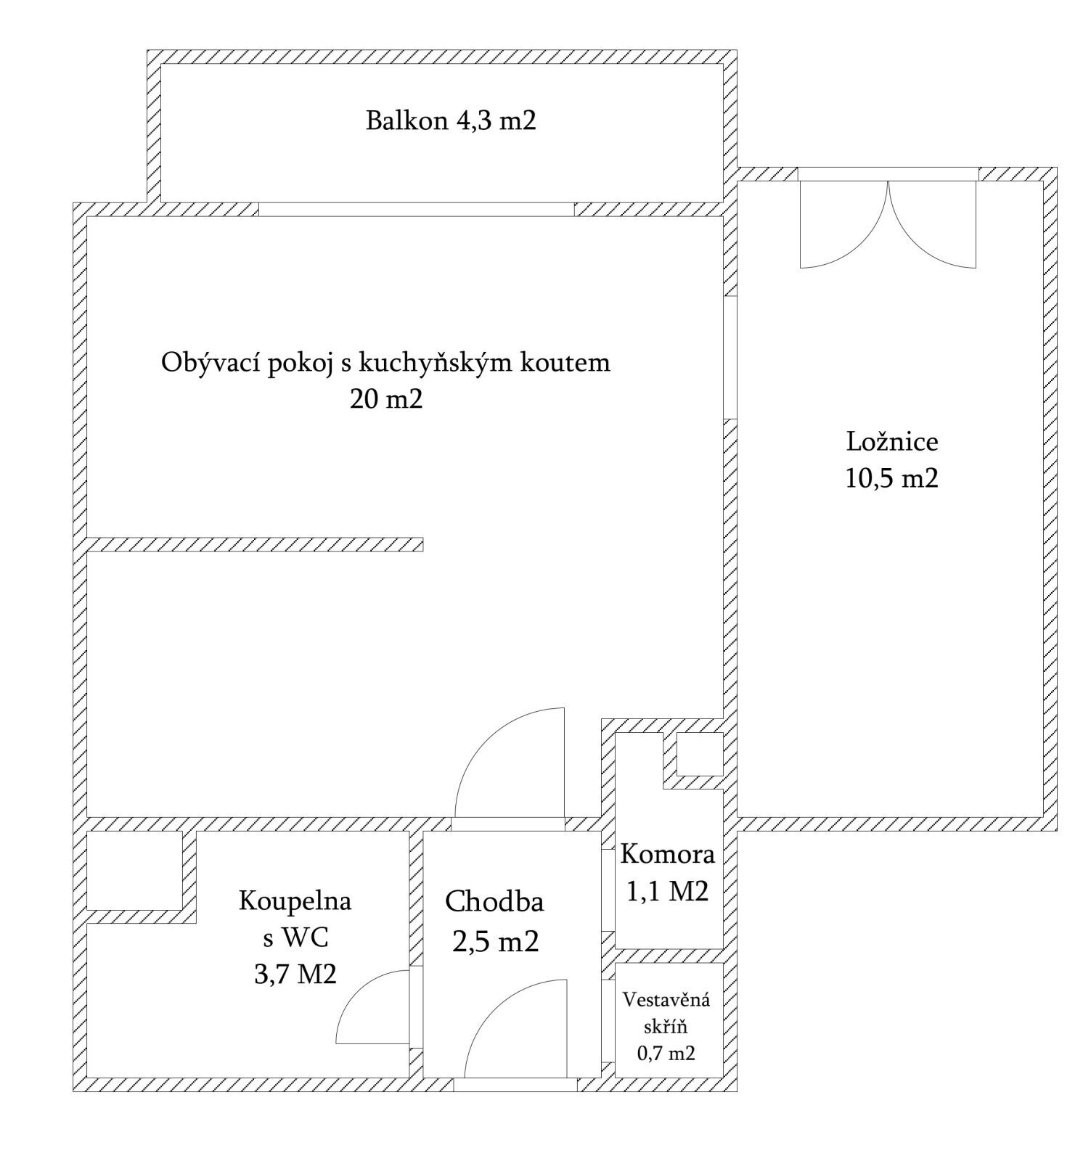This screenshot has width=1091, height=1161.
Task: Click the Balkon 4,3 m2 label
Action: pos(451,120)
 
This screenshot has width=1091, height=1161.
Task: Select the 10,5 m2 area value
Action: pos(892,478)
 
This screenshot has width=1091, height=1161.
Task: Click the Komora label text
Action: pos(667,854)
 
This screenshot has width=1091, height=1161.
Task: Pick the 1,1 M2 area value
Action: pos(667,890)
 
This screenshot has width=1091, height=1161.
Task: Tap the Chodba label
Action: pos(494,901)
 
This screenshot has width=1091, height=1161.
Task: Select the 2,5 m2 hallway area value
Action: pos(495,942)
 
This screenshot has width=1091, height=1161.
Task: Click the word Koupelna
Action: pos(295,901)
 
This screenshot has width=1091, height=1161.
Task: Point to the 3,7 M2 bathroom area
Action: pos(295,974)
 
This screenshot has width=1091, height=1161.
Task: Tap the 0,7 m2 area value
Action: pos(666,1052)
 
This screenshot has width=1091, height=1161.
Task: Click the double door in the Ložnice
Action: pos(888,223)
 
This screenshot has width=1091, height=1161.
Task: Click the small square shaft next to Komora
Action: pos(700,754)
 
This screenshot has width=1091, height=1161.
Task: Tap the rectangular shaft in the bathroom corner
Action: pos(134,870)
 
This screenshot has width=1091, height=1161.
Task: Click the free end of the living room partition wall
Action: pos(422,544)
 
